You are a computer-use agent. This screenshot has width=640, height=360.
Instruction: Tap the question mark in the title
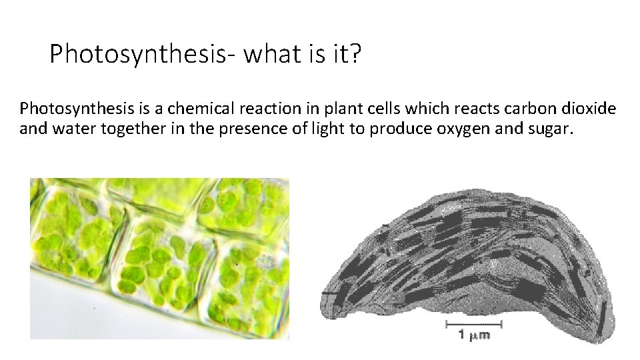[354, 53]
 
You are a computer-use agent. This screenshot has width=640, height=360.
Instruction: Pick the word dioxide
[594, 108]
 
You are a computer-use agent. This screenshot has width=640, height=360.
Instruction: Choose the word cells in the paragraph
[379, 108]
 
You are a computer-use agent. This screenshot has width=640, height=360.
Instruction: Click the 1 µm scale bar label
[473, 335]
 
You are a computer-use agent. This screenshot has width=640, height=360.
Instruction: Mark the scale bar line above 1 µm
[473, 325]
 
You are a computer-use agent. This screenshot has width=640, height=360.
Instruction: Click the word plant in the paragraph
[337, 108]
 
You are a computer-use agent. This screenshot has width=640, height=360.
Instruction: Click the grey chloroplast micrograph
[467, 260]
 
